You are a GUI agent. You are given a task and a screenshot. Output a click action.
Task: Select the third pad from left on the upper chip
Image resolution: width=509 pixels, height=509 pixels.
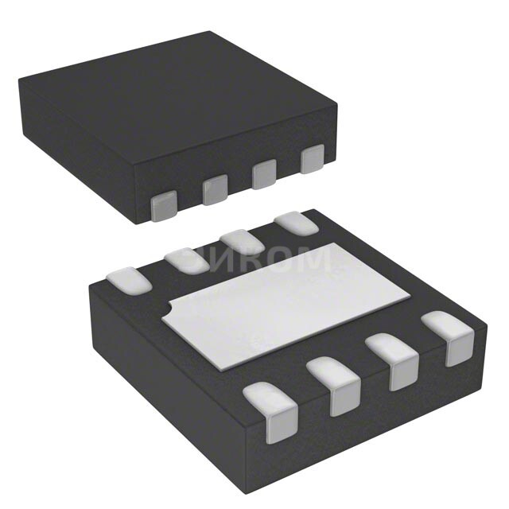[264, 174]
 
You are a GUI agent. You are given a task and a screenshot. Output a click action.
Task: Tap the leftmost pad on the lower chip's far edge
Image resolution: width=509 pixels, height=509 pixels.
[127, 280]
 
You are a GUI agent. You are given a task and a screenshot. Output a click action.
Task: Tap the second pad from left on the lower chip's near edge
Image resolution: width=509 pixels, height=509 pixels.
[335, 385]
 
